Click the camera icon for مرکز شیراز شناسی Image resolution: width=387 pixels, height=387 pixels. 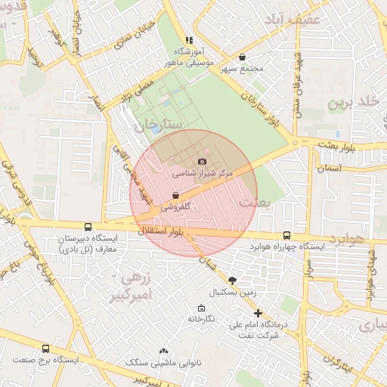pyautogui.click(x=201, y=161)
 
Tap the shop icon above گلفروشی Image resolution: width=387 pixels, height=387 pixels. pyautogui.click(x=175, y=195)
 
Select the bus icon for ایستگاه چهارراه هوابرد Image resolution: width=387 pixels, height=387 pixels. pyautogui.click(x=286, y=235)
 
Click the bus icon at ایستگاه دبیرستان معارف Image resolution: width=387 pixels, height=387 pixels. pyautogui.click(x=88, y=227)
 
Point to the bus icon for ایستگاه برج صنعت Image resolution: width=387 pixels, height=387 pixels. pyautogui.click(x=45, y=348)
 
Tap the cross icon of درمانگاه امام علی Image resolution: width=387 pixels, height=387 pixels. pyautogui.click(x=258, y=313)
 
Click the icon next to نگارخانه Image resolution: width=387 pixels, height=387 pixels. pyautogui.click(x=201, y=308)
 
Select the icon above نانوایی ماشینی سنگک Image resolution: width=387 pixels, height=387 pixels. pyautogui.click(x=164, y=351)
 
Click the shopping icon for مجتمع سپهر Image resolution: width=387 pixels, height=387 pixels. pyautogui.click(x=242, y=57)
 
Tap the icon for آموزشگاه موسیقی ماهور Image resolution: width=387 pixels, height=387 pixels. pyautogui.click(x=189, y=40)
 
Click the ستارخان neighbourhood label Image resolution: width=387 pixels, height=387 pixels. pyautogui.click(x=158, y=125)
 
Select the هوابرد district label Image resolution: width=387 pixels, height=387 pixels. pyautogui.click(x=348, y=239)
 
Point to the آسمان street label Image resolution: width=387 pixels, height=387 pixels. pyautogui.click(x=330, y=168)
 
